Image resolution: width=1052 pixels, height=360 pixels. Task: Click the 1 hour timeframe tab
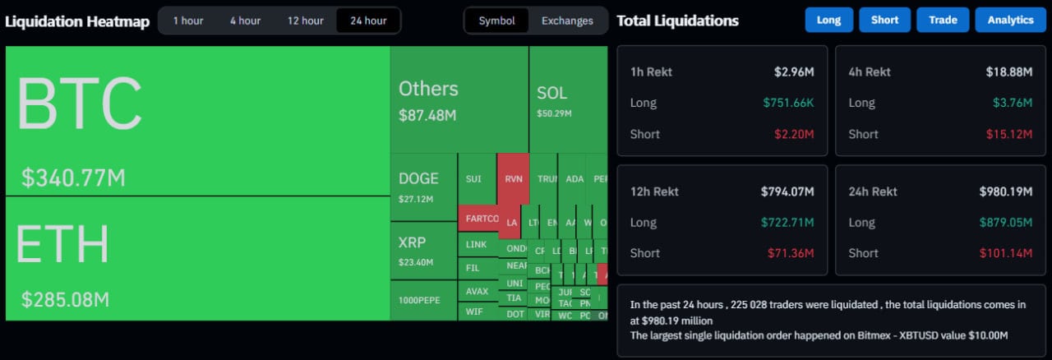click(188, 21)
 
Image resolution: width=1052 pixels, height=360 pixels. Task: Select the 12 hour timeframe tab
click(305, 21)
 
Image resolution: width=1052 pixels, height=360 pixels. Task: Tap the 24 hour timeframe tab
click(368, 21)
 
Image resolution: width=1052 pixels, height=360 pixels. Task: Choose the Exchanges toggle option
click(567, 21)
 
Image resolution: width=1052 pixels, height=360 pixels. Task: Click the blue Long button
click(828, 21)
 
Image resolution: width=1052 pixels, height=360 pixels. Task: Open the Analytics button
click(1010, 21)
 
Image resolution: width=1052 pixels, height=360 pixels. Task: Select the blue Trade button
click(943, 21)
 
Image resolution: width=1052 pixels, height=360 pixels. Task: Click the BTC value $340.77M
click(74, 178)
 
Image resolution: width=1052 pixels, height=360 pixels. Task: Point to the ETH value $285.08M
click(66, 299)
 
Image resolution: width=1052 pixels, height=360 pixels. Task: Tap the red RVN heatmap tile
click(512, 178)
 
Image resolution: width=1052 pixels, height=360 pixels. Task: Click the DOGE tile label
click(418, 178)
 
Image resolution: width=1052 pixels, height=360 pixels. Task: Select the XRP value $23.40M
click(416, 262)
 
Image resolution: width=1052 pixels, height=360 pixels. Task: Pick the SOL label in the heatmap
click(551, 93)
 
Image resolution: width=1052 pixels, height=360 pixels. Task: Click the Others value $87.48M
click(427, 115)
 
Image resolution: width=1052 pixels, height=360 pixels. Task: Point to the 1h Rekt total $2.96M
click(794, 72)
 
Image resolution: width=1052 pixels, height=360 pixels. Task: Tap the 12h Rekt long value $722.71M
click(787, 223)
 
